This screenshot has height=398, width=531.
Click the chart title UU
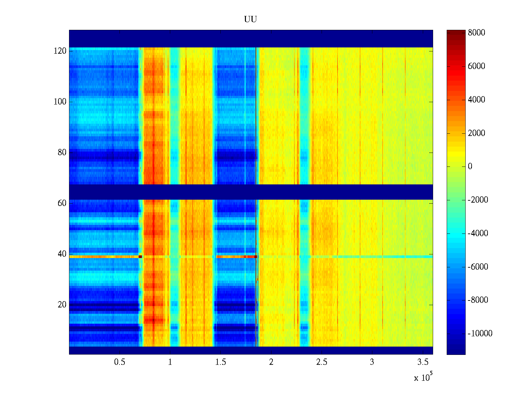tap(251, 20)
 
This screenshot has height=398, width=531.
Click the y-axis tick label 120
tap(60, 51)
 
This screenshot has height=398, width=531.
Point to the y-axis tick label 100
tap(60, 102)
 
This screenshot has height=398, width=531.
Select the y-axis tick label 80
tap(62, 153)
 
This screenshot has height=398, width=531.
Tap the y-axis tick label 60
tap(62, 203)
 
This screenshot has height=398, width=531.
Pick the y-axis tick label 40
tap(62, 254)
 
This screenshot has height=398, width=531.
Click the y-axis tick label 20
tap(62, 305)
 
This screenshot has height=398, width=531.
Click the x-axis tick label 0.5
tap(119, 362)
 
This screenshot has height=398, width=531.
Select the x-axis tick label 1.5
tap(220, 362)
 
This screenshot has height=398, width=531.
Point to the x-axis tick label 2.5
tap(322, 362)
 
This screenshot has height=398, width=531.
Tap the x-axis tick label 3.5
tap(422, 362)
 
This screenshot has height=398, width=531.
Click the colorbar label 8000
tap(477, 33)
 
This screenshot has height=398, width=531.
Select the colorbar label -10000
tap(480, 334)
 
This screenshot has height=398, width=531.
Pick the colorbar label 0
tap(470, 166)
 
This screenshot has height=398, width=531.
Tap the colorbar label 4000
tap(477, 100)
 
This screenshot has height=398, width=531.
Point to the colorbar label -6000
tap(478, 267)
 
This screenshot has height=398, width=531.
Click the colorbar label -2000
tap(478, 200)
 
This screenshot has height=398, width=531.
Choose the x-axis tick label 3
tap(372, 362)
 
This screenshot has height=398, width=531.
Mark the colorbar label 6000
tap(477, 66)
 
